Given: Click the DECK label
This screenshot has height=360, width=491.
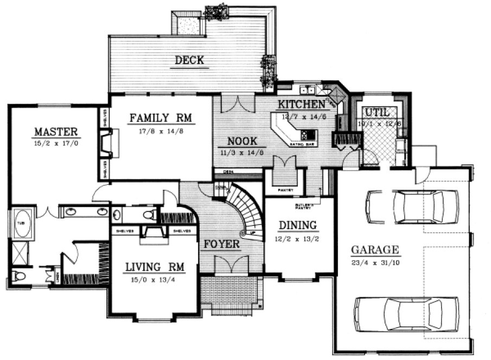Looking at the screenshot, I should coord(189,60).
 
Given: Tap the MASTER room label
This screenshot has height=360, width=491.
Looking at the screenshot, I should coord(56,132).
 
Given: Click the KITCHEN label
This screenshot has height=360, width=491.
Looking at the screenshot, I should coord(301,104).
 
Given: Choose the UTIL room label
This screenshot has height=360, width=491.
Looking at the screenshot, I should coord(377,111).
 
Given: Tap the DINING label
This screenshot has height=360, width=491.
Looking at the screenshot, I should coord(297,225).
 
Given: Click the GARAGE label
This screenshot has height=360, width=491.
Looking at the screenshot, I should coord(375,250).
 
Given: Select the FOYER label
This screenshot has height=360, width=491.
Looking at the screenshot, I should coord(221,245).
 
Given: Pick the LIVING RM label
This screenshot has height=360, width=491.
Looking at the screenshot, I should coord(154,267).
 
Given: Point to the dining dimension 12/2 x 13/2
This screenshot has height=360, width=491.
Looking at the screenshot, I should coord(297,237).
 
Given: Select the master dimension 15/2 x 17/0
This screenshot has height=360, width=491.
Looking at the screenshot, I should coord(56,144).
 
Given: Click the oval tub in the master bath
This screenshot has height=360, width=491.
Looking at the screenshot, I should coord(22,227).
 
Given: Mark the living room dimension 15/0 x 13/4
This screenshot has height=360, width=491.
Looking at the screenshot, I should coord(154,280).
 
